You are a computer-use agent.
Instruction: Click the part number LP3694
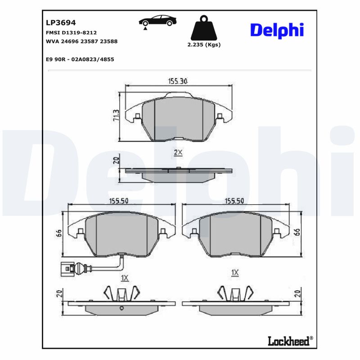(x=61, y=22)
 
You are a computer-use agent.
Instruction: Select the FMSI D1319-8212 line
(x=71, y=33)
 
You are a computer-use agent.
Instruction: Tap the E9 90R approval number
(x=80, y=59)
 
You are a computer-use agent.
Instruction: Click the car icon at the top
(x=157, y=22)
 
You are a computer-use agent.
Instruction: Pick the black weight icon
(x=204, y=29)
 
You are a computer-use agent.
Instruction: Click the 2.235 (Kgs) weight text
(x=204, y=45)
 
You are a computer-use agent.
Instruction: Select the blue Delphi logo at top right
(x=277, y=30)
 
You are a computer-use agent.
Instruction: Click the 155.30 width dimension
(x=178, y=81)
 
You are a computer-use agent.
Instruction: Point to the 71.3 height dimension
(x=116, y=116)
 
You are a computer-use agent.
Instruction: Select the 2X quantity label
(x=178, y=153)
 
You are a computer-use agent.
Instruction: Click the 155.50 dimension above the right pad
(x=234, y=201)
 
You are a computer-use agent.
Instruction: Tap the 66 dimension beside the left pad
(x=58, y=233)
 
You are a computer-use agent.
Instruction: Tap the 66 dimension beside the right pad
(x=297, y=232)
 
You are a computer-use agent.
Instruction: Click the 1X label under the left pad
(x=125, y=279)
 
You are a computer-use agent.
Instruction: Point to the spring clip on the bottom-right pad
(x=234, y=293)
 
